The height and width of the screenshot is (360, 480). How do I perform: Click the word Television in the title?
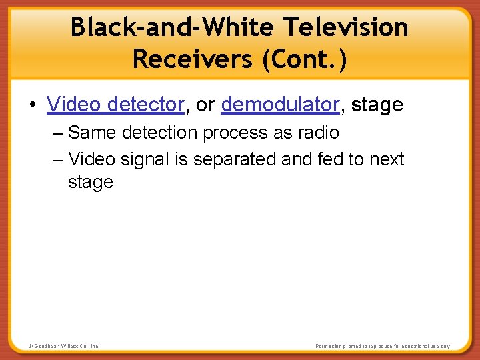coord(345,27)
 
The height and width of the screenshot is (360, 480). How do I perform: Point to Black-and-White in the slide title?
coord(174,27)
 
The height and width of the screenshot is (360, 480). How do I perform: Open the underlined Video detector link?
coord(115,105)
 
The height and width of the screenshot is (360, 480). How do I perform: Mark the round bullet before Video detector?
coord(33,105)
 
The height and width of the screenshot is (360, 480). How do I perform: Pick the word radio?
coord(316,133)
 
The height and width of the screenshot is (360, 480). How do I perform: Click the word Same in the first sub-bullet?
coord(91,133)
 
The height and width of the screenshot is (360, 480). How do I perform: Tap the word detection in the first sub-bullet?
coord(159,133)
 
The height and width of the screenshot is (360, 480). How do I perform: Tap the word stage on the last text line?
coord(90,182)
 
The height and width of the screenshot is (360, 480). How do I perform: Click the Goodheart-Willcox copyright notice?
coord(64,346)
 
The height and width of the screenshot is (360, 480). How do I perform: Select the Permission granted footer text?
coord(383,346)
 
